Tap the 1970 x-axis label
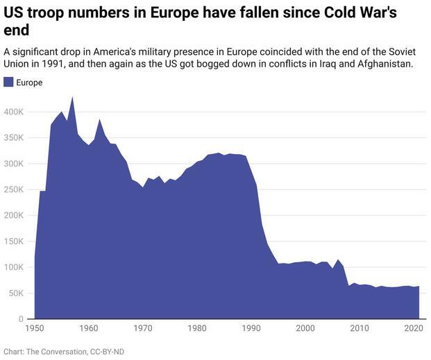pos(143,327)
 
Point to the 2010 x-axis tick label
pos(360,327)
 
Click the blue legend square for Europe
pos(9,83)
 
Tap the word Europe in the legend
pos(29,83)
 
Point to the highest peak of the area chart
pos(72,97)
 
